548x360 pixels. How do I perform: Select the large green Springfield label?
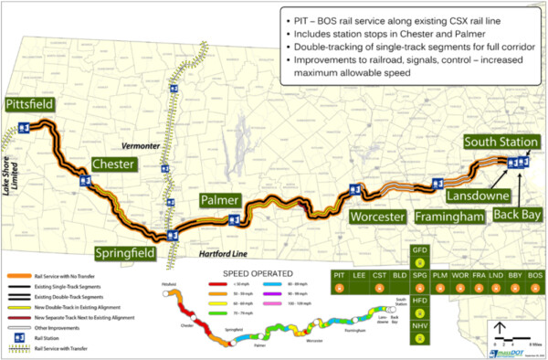(x=132, y=251)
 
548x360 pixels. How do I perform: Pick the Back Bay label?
(x=517, y=214)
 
